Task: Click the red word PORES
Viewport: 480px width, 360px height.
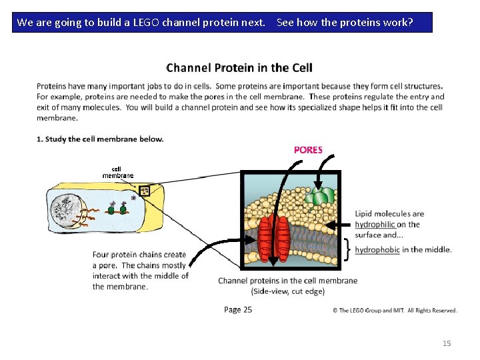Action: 308,150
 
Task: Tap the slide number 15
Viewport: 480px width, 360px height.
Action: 447,343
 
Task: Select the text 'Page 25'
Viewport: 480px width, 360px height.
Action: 238,309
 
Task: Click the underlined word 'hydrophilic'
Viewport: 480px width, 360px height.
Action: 375,224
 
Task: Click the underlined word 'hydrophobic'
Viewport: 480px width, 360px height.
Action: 377,249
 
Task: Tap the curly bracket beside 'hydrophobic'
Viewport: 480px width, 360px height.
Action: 348,249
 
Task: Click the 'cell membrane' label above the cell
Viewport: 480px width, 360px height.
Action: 117,172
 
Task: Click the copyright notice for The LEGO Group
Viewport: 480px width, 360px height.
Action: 395,310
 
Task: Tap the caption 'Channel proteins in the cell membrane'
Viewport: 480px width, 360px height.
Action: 287,281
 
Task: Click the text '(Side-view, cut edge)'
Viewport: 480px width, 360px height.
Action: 287,291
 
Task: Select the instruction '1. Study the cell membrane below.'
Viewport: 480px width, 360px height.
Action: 100,139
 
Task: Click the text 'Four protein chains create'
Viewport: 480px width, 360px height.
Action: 139,255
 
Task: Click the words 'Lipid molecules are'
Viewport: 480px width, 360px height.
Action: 389,214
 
